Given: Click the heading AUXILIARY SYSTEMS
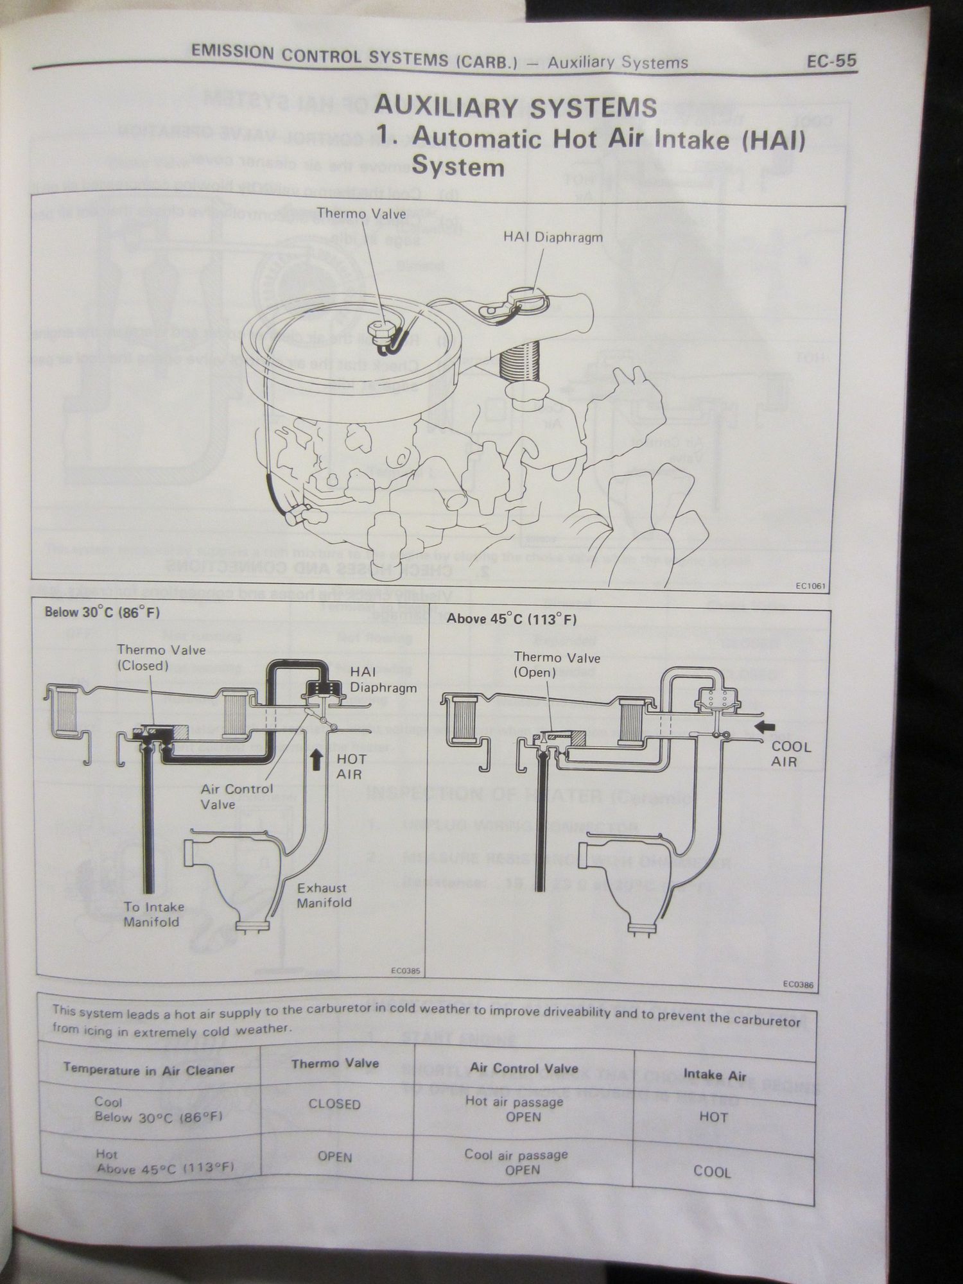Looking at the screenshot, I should tap(515, 107).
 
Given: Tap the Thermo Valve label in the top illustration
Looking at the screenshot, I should tap(361, 214).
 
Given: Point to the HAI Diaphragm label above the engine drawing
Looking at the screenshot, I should tap(553, 237).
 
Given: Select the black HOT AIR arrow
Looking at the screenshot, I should tap(316, 760).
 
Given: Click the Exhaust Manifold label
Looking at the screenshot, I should tap(324, 895).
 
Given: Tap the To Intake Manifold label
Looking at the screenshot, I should tap(154, 914).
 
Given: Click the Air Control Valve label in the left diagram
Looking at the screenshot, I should tap(236, 796).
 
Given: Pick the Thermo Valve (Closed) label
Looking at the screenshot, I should tap(161, 657).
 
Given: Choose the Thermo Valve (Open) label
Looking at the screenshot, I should tap(557, 665).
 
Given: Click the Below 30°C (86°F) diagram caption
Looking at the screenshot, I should tap(102, 612).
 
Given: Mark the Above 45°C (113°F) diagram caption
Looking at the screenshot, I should tap(511, 620).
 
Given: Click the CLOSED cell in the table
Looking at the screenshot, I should tap(334, 1104).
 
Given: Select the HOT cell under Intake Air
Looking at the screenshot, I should tap(713, 1116).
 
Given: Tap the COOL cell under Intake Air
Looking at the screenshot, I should tap(712, 1172).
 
